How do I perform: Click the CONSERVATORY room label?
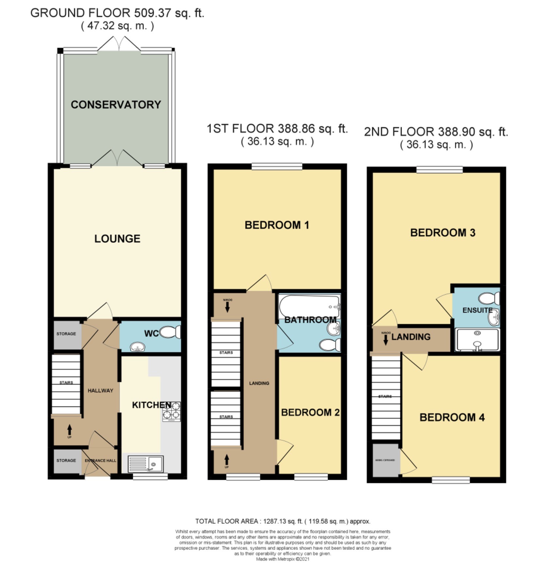pyautogui.click(x=116, y=105)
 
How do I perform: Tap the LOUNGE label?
pyautogui.click(x=117, y=239)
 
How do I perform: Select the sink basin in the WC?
pyautogui.click(x=137, y=347)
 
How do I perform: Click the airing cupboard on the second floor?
pyautogui.click(x=385, y=460)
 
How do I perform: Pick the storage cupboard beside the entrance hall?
pyautogui.click(x=66, y=460)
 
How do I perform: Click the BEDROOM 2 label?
pyautogui.click(x=310, y=412)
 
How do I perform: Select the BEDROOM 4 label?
pyautogui.click(x=452, y=418)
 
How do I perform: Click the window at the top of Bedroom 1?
pyautogui.click(x=277, y=167)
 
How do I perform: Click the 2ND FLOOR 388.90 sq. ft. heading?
pyautogui.click(x=436, y=132)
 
